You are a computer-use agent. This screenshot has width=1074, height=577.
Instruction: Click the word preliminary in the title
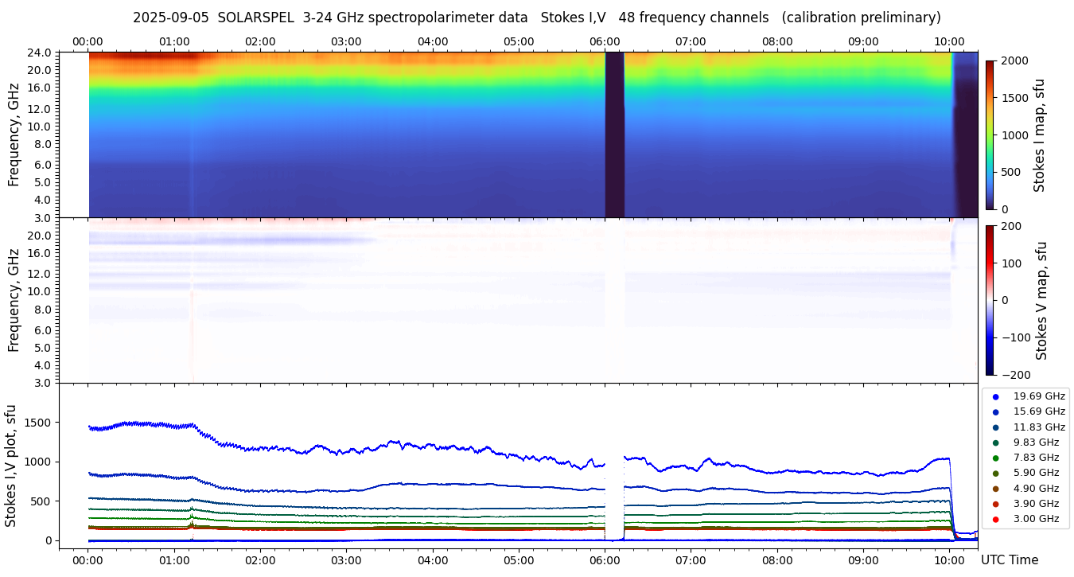point(900,18)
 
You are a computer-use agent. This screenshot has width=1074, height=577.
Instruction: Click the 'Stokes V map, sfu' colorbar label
point(1041,301)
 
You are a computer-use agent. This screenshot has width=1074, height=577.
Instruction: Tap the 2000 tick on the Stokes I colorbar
point(1014,60)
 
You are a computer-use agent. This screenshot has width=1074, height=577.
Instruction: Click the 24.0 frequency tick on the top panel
point(41,53)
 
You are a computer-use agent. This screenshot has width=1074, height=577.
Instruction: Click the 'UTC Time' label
point(1009,560)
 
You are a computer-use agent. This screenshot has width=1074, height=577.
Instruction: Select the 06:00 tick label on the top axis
point(605,41)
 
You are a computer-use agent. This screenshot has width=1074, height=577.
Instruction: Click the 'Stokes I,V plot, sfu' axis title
point(11,465)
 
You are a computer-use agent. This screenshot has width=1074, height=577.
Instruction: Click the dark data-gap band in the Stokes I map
point(614,135)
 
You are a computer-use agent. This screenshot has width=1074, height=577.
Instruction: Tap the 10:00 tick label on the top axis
point(949,41)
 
